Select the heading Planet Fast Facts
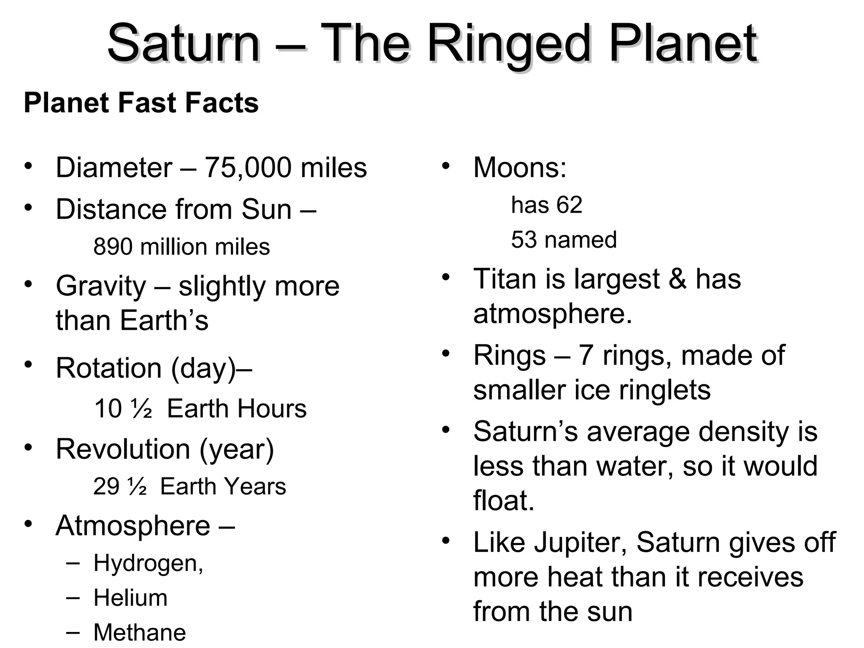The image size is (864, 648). [141, 103]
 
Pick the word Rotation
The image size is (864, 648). [108, 368]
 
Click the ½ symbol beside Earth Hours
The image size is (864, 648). [142, 409]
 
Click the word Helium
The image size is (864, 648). [130, 598]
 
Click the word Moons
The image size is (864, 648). [519, 168]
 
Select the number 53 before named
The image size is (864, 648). [524, 240]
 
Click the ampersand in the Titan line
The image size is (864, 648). [678, 279]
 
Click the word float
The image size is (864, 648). [503, 501]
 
